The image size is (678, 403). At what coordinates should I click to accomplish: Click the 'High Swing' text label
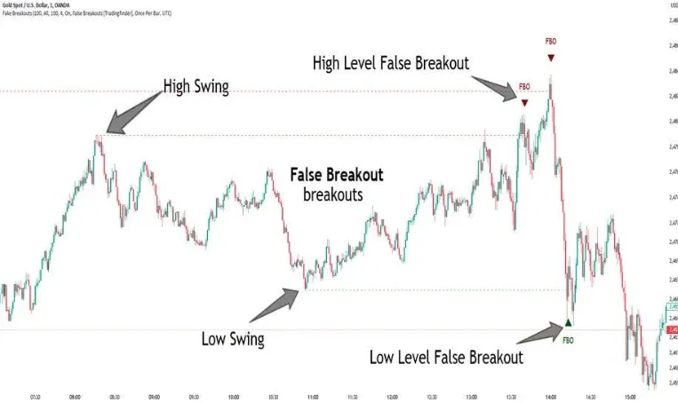[196, 87]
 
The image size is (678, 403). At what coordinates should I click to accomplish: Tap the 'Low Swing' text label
[233, 338]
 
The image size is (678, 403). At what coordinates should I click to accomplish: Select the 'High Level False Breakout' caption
[391, 63]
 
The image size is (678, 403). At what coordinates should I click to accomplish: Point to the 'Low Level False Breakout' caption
[446, 358]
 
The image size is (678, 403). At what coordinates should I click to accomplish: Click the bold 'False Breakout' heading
[337, 174]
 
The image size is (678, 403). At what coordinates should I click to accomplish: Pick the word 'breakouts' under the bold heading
[332, 194]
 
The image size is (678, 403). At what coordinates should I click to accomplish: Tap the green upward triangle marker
[569, 323]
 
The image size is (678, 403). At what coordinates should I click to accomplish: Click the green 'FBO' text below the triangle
[569, 339]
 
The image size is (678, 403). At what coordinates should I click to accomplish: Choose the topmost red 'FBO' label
[551, 42]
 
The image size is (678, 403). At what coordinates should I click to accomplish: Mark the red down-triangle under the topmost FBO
[551, 58]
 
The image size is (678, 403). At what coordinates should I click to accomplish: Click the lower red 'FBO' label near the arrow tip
[524, 87]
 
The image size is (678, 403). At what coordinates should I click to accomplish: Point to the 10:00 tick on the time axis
[233, 397]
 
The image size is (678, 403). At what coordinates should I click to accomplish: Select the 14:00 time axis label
[550, 397]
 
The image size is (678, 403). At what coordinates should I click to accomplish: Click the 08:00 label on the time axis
[75, 397]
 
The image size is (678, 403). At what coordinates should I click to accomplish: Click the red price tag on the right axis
[673, 329]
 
